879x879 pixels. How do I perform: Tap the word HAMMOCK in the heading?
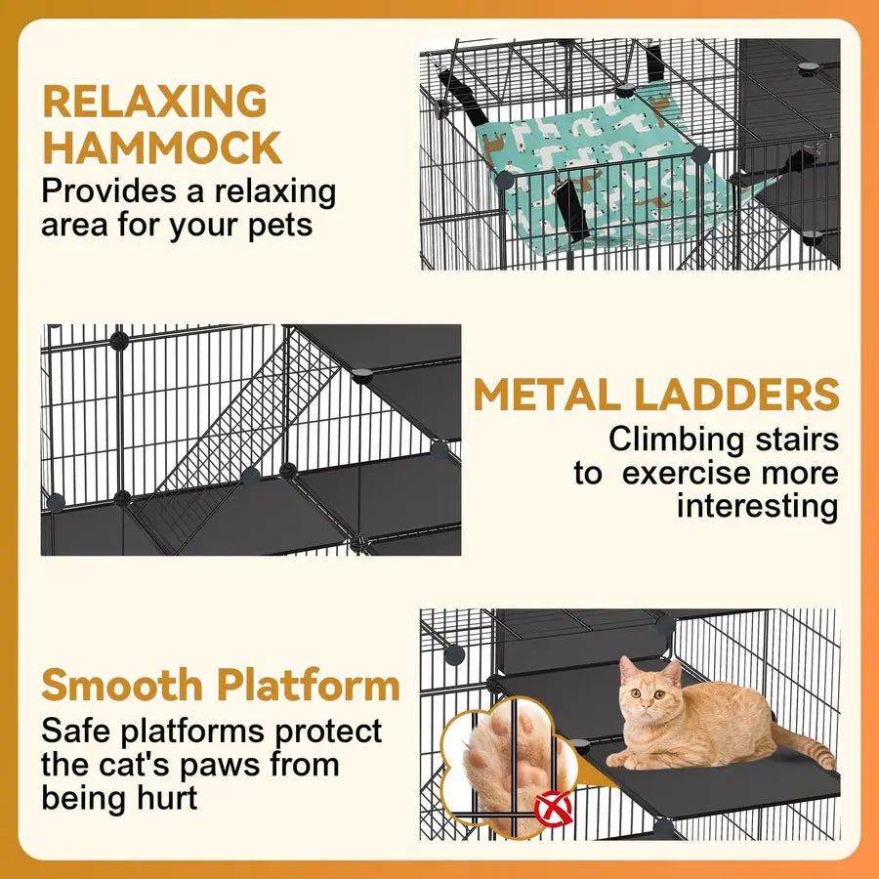tap(162, 148)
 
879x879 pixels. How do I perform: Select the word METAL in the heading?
tap(547, 395)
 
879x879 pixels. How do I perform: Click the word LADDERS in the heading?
tap(735, 395)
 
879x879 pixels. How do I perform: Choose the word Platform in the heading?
tap(310, 686)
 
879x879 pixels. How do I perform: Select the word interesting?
tap(757, 506)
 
